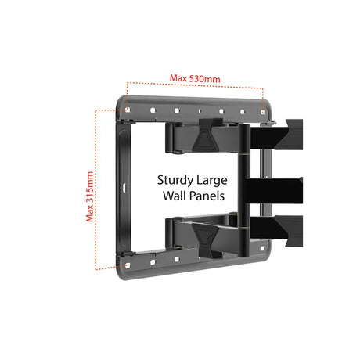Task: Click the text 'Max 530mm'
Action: pos(195,78)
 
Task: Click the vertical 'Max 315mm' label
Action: pos(90,196)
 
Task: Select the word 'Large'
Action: pos(211,181)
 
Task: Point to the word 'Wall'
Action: pos(175,196)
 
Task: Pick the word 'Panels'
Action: pos(207,196)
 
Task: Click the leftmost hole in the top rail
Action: pos(128,110)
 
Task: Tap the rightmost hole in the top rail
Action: pos(263,113)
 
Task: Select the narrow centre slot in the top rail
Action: pos(200,111)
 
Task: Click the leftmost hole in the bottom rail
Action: pos(128,265)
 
